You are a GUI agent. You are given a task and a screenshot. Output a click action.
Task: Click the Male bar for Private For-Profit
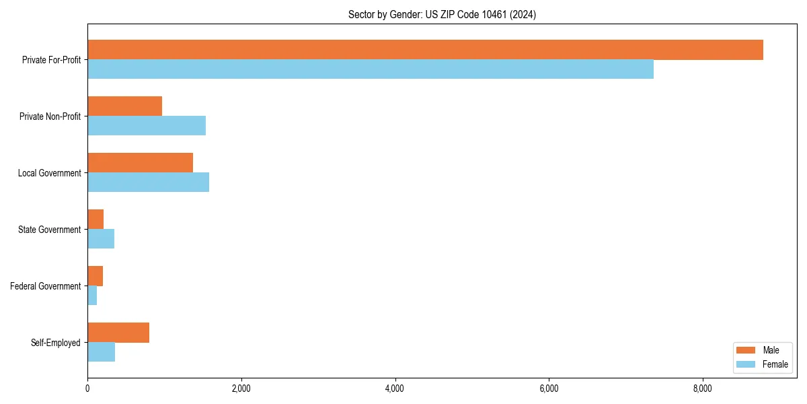tap(425, 50)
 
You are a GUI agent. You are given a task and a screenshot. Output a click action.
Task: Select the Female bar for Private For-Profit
tap(371, 69)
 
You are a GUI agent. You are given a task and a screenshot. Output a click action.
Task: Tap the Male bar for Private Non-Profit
tap(125, 106)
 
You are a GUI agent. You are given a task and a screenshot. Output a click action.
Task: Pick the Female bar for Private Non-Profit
tap(147, 126)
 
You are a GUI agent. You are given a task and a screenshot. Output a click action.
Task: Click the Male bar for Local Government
tap(141, 163)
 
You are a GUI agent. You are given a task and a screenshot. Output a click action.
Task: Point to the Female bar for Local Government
tap(149, 182)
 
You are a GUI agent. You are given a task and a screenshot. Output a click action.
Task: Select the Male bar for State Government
tap(95, 220)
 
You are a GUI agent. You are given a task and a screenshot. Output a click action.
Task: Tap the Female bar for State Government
tap(101, 239)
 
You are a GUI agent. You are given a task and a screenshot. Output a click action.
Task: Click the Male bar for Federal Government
tap(95, 276)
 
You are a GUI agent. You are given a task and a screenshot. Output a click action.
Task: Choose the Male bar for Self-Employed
tap(118, 333)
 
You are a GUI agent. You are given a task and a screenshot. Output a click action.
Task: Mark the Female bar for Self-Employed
tap(102, 352)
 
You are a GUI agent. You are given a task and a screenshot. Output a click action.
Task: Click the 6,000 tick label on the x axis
tap(549, 389)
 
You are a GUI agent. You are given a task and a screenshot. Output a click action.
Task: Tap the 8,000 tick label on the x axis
tap(703, 389)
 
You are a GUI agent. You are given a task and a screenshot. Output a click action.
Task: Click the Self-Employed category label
tap(56, 343)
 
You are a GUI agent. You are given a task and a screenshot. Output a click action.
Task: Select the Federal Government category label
tap(46, 286)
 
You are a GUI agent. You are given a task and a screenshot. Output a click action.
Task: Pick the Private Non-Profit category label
tap(50, 116)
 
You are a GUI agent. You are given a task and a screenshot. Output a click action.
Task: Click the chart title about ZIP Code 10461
tap(442, 14)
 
